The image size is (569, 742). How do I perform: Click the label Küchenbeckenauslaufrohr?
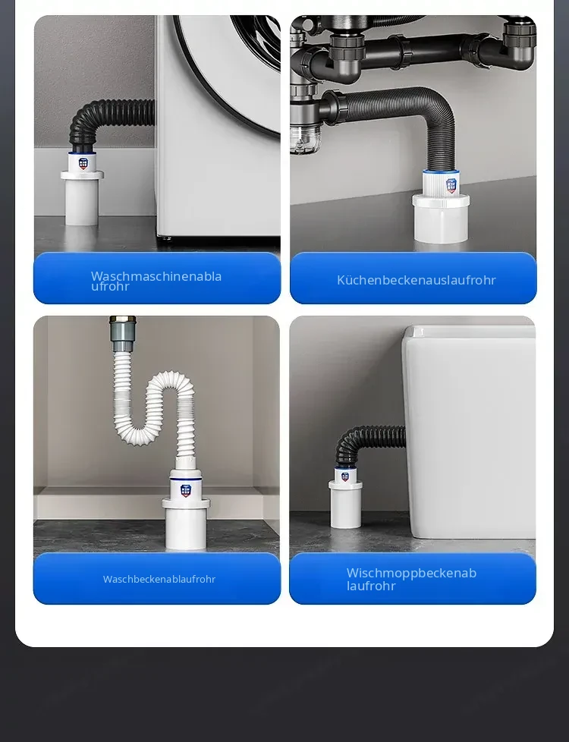point(416,280)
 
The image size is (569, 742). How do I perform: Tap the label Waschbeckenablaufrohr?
point(159,579)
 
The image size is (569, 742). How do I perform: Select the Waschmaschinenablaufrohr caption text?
point(156,281)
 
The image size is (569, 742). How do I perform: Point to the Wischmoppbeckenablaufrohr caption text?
point(411,579)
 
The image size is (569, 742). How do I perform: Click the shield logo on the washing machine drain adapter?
point(83,163)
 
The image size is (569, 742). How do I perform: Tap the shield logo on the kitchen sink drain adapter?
point(451,185)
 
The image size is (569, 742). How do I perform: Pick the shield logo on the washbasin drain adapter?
point(186,490)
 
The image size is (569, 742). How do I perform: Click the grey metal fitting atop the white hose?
point(123,328)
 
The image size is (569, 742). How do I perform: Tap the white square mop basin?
point(469,431)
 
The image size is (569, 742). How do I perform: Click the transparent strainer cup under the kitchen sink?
point(302,139)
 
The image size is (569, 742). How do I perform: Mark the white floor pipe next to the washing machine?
point(83,198)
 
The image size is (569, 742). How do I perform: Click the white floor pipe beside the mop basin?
point(345,505)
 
